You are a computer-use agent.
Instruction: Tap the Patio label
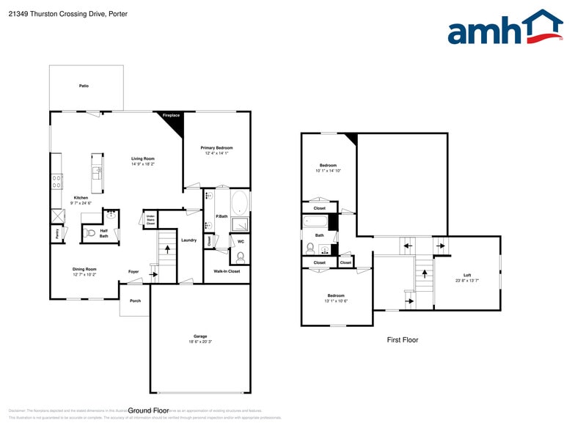[x=84, y=86]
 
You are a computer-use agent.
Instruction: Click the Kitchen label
[x=81, y=198]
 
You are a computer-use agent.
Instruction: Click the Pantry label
[x=56, y=234]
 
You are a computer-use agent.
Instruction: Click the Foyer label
[x=133, y=272]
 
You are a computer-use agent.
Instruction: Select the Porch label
[x=135, y=301]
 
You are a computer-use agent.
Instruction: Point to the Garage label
[x=200, y=338]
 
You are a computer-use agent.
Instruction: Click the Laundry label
[x=188, y=240]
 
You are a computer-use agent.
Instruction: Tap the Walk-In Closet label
[x=227, y=271]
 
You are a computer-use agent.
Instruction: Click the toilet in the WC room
[x=240, y=257]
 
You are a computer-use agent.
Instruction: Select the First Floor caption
[x=402, y=340]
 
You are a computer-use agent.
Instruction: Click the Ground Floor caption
[x=149, y=410]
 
